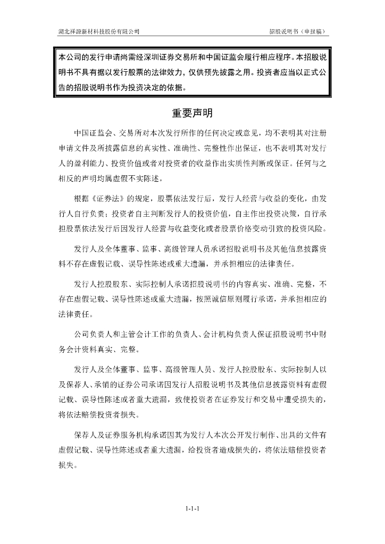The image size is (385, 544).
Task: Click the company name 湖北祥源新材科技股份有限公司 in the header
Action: pos(99,31)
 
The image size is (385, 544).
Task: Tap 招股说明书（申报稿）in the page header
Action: pos(298,31)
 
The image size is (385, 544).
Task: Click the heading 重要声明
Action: pos(192,113)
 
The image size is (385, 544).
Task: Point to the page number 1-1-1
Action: pos(192,509)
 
